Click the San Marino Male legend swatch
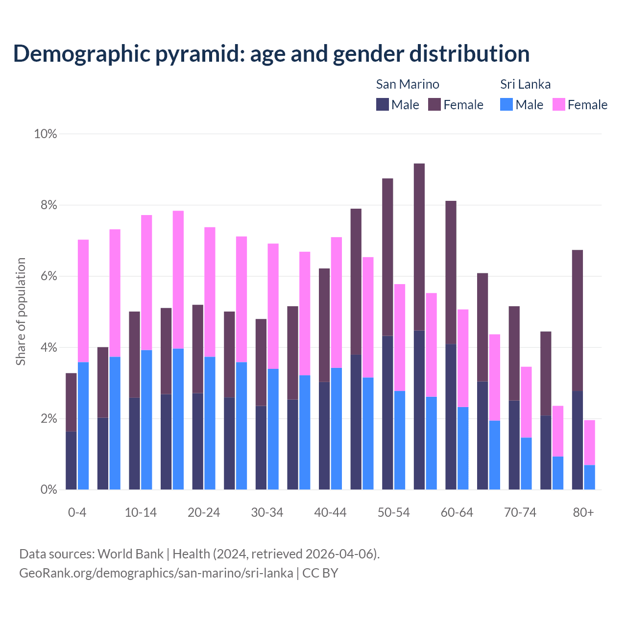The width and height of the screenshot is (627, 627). point(383,104)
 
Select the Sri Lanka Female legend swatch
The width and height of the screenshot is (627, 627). point(558,104)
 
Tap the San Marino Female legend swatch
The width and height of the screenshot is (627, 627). point(434,104)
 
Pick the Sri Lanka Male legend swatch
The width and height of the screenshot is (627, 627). point(506,104)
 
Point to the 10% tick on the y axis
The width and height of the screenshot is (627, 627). point(45,134)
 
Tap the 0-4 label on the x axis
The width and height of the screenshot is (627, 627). point(77,512)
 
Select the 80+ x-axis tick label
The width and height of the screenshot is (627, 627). point(583,512)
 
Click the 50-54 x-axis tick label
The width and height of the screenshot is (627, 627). point(393,512)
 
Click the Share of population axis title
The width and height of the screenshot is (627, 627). point(21,312)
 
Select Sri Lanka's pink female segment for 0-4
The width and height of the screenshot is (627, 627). point(83,301)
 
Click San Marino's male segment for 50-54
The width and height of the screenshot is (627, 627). point(387,412)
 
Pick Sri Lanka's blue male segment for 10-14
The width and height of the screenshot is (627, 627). point(146,420)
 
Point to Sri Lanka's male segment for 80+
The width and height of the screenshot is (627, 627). point(589,477)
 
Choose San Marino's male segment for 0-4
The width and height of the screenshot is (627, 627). point(71,460)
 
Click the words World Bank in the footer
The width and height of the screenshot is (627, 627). point(130,554)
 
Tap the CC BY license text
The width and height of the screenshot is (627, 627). point(320,573)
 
